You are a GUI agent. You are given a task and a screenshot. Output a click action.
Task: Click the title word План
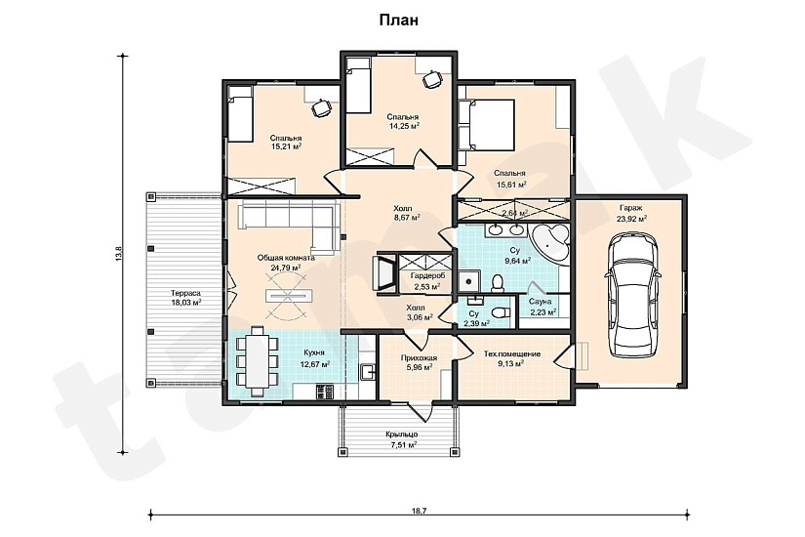[398, 21]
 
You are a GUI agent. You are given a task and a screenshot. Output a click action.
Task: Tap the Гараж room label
[631, 208]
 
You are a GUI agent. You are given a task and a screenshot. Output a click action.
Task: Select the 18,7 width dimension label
[419, 512]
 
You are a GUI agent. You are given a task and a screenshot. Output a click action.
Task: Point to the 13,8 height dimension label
[119, 255]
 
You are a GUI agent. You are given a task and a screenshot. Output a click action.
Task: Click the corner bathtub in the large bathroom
[548, 241]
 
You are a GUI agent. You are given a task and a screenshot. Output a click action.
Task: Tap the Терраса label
[185, 294]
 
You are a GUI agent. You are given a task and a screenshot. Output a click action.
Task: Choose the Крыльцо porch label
[401, 434]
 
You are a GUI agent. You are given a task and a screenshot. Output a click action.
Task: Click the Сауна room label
[542, 302]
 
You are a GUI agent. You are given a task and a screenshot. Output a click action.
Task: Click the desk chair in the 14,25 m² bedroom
[431, 79]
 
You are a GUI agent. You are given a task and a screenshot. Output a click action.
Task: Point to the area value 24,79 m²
[286, 268]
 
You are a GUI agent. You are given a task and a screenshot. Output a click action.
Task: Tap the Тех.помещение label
[512, 354]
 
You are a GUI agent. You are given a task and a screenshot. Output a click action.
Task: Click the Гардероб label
[427, 276]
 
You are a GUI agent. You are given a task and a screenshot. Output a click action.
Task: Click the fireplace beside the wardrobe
[386, 272]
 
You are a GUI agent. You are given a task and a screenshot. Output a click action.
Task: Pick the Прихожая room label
[419, 357]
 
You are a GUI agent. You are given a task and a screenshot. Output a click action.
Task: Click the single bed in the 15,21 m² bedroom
[240, 114]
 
